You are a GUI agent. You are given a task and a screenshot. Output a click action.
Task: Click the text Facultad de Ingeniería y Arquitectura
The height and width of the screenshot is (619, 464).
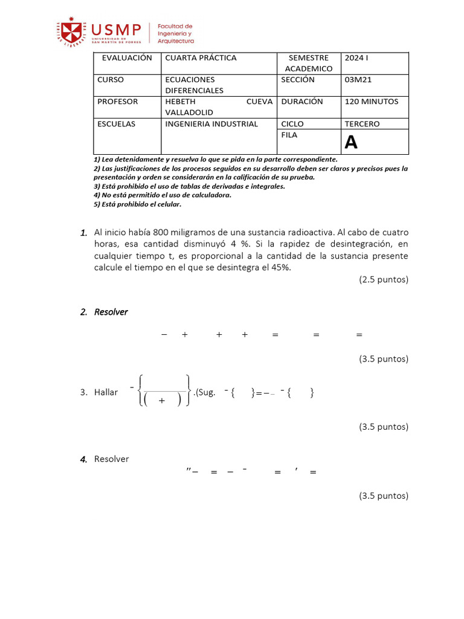[x=175, y=34]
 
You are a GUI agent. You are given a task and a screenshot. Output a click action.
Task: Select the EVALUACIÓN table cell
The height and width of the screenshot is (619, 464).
[x=126, y=58]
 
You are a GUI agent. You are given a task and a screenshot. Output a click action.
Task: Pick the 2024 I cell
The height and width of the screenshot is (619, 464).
[x=356, y=58]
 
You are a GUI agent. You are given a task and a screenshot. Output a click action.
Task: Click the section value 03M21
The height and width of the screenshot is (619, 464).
[x=358, y=80]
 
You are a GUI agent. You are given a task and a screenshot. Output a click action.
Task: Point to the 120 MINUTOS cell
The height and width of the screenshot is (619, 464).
[x=371, y=102]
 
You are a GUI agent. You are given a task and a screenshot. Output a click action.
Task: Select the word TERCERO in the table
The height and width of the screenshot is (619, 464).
[x=362, y=124]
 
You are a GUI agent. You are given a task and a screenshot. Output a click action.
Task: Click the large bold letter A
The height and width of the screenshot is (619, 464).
[x=351, y=143]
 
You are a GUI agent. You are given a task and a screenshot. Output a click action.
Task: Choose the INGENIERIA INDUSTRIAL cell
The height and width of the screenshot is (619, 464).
[x=211, y=124]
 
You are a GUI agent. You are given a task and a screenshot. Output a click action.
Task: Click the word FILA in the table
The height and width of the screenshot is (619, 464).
[x=289, y=135]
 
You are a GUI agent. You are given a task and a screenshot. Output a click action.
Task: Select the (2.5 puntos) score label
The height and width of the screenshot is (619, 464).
[x=384, y=279]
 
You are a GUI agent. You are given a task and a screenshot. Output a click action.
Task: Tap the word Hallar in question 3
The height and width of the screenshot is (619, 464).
[x=106, y=392]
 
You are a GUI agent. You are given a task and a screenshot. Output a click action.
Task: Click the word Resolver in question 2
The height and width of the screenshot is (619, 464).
[x=111, y=312]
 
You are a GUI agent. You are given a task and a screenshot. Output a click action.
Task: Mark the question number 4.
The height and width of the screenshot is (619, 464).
[x=84, y=459]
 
